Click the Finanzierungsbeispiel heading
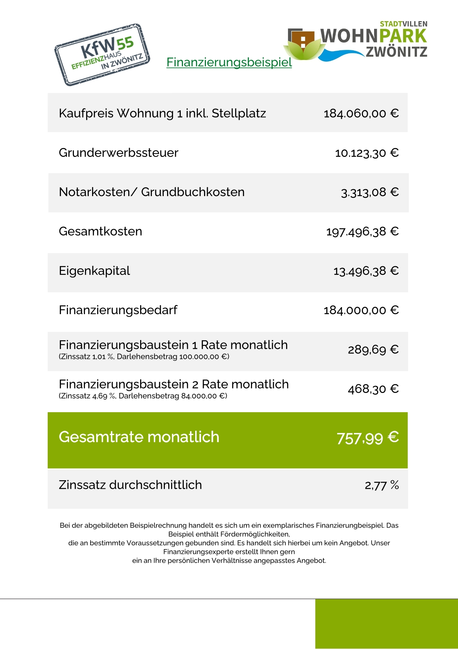point(229,62)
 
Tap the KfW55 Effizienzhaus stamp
point(102,55)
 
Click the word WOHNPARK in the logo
point(373,36)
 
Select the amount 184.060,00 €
point(361,113)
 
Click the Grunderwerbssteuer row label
point(119,152)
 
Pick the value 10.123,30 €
point(366,153)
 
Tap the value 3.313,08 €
point(369,192)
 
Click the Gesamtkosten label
point(101,231)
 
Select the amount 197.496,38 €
point(362,232)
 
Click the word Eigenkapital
point(95,271)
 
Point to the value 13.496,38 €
point(366,271)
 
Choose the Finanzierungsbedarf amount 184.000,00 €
point(361,310)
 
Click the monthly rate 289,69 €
point(373,350)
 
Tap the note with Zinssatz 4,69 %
point(143,396)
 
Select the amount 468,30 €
point(373,389)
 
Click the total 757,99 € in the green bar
point(367,438)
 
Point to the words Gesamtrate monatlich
point(139,437)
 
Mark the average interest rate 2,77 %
point(381,485)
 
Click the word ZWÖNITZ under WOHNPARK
point(397,52)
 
